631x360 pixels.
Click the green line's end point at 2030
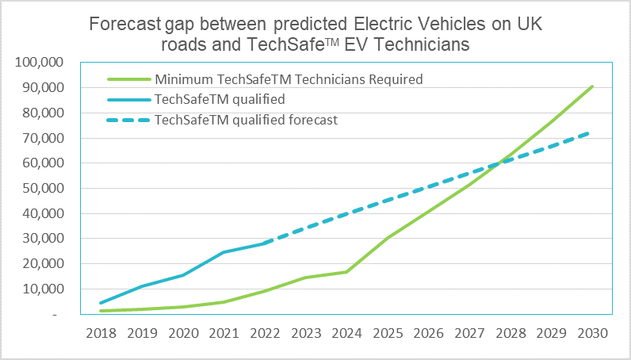[592, 86]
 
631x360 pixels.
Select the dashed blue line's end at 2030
[592, 132]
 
